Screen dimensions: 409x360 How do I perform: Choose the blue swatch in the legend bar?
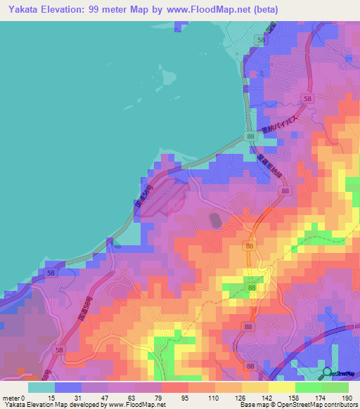click(68, 387)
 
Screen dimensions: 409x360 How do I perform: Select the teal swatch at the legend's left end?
click(41, 387)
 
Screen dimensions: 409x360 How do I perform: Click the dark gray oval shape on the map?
click(214, 221)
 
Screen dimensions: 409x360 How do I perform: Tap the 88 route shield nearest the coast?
click(250, 136)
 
